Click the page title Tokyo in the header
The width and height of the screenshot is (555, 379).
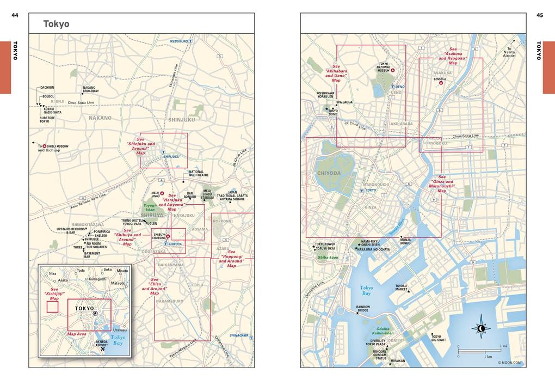coord(57,24)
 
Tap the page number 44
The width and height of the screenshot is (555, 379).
coord(15,15)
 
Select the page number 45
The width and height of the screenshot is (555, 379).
coord(540,15)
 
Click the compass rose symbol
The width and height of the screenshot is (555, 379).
coord(481,328)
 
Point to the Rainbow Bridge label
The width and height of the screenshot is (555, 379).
coord(363,309)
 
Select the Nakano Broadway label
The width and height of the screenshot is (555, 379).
coord(91,90)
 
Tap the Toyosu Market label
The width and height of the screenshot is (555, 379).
coord(401,287)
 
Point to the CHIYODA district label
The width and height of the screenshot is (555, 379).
coord(328,173)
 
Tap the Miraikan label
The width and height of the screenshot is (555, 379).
coord(398,360)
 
